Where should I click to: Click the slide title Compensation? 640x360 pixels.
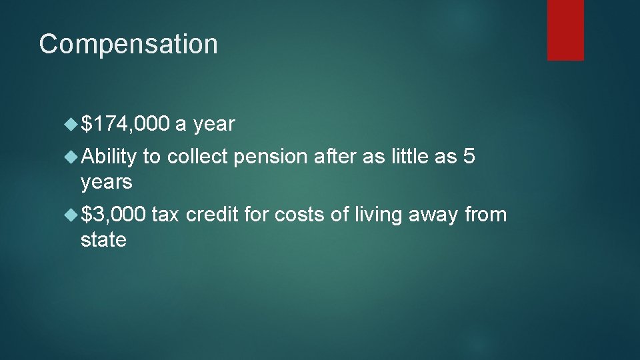point(128,45)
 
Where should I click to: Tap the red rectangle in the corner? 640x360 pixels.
point(565,30)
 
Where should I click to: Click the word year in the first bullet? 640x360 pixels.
point(214,124)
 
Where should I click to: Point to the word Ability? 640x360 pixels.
point(108,157)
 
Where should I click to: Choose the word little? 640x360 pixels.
point(410,157)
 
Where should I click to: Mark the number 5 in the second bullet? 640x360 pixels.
point(469,157)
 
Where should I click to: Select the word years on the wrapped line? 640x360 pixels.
point(106,181)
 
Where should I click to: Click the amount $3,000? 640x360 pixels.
point(113,215)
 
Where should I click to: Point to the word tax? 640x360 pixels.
point(166,215)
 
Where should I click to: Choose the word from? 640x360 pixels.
point(485,215)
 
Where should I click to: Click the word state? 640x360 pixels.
point(103,239)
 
